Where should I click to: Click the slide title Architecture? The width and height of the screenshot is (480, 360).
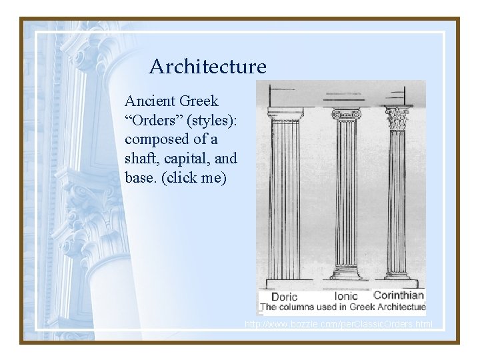pyautogui.click(x=207, y=67)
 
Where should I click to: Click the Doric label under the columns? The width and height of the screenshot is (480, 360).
pyautogui.click(x=284, y=297)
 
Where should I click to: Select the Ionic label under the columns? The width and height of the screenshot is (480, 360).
pyautogui.click(x=346, y=296)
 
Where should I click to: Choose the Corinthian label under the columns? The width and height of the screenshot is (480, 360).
pyautogui.click(x=399, y=295)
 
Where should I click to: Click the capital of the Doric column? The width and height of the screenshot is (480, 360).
pyautogui.click(x=285, y=113)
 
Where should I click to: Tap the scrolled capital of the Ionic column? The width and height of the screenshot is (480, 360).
pyautogui.click(x=346, y=114)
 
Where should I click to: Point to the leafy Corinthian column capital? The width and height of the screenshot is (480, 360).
pyautogui.click(x=398, y=118)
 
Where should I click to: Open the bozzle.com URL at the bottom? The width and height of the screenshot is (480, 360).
pyautogui.click(x=339, y=325)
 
